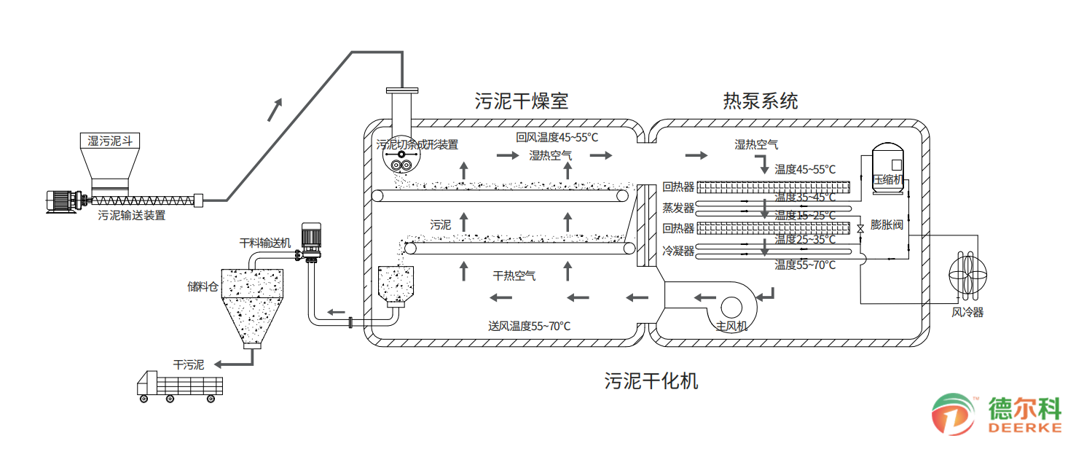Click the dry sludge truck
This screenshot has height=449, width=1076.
179,386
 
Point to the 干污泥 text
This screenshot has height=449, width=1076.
188,364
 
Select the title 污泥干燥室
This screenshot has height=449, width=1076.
521,101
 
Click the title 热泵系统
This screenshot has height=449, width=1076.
760,101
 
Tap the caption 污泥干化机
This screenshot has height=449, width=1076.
651,380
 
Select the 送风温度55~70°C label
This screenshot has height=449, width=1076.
529,326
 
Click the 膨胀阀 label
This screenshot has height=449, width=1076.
887,224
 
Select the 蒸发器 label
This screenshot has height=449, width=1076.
678,207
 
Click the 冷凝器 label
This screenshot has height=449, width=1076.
678,251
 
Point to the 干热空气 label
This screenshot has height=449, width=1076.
514,276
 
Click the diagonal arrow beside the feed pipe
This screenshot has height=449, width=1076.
274,109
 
